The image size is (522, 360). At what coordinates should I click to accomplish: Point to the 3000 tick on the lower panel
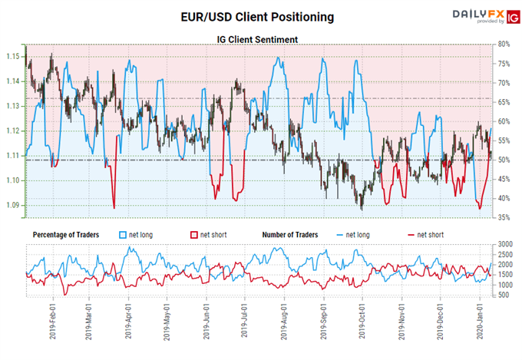(505, 244)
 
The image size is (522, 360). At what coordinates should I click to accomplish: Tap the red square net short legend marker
(193, 233)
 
